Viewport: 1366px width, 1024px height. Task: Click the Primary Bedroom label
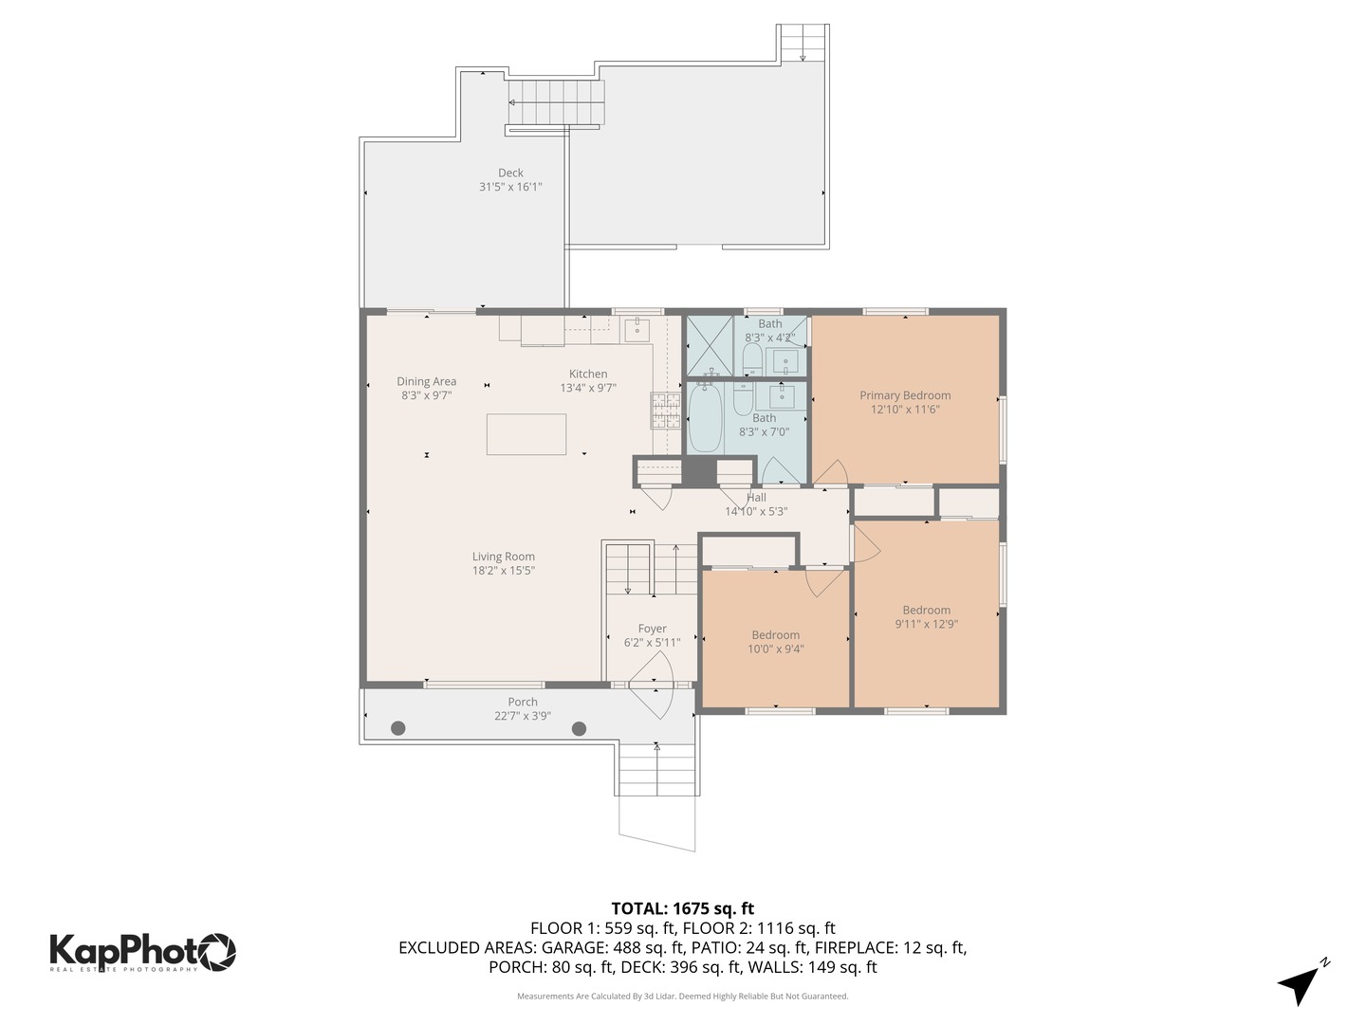[x=905, y=395]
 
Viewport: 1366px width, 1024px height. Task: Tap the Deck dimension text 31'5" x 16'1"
[x=510, y=187]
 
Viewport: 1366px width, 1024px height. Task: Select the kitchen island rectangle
[x=526, y=434]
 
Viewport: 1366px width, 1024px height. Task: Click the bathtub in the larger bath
[x=705, y=418]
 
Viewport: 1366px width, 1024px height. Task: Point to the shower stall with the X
[x=710, y=345]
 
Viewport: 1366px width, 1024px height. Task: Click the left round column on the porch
[x=398, y=728]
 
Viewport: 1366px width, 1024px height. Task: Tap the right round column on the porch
[x=579, y=728]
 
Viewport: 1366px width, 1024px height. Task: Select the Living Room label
[x=504, y=557]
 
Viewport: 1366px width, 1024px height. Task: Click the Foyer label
[x=652, y=629]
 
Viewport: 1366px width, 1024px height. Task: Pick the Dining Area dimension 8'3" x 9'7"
[x=426, y=395]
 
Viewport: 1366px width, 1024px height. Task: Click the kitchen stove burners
[x=665, y=410]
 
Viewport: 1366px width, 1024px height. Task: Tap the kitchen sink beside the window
[x=637, y=330]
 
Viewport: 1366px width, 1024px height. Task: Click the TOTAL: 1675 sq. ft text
[x=682, y=908]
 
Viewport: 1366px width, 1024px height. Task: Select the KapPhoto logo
[x=142, y=951]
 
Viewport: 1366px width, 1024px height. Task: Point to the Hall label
[x=756, y=497]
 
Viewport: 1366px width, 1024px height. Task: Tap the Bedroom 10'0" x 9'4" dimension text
[x=775, y=649]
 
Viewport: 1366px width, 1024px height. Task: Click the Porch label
[x=522, y=702]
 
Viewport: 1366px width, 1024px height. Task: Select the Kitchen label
[x=588, y=374]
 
